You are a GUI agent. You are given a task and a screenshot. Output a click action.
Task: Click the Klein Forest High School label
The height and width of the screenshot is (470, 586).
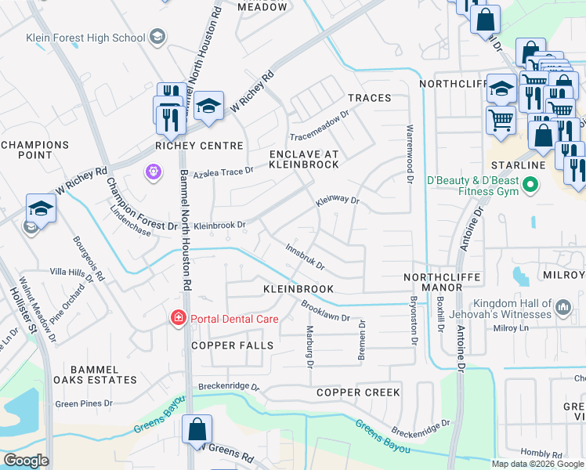point(85,38)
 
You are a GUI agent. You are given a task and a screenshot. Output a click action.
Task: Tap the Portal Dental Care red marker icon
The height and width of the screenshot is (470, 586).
point(179,316)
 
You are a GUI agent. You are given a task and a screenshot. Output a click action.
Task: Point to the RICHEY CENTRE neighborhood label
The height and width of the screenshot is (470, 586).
point(199,146)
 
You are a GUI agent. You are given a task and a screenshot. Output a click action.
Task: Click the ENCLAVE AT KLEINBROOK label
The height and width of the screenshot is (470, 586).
point(304,159)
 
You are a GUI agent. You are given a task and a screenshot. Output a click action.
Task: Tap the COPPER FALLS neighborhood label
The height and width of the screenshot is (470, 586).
point(232,345)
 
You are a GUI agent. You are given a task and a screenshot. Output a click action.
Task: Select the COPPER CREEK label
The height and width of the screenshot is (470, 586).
point(358,392)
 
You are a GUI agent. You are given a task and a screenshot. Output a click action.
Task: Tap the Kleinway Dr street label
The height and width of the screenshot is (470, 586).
point(337,201)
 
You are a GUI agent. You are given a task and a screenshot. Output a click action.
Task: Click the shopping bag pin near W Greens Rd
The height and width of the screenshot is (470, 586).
point(197,429)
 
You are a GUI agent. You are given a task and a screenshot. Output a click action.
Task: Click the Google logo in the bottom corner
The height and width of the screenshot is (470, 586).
point(26,461)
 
